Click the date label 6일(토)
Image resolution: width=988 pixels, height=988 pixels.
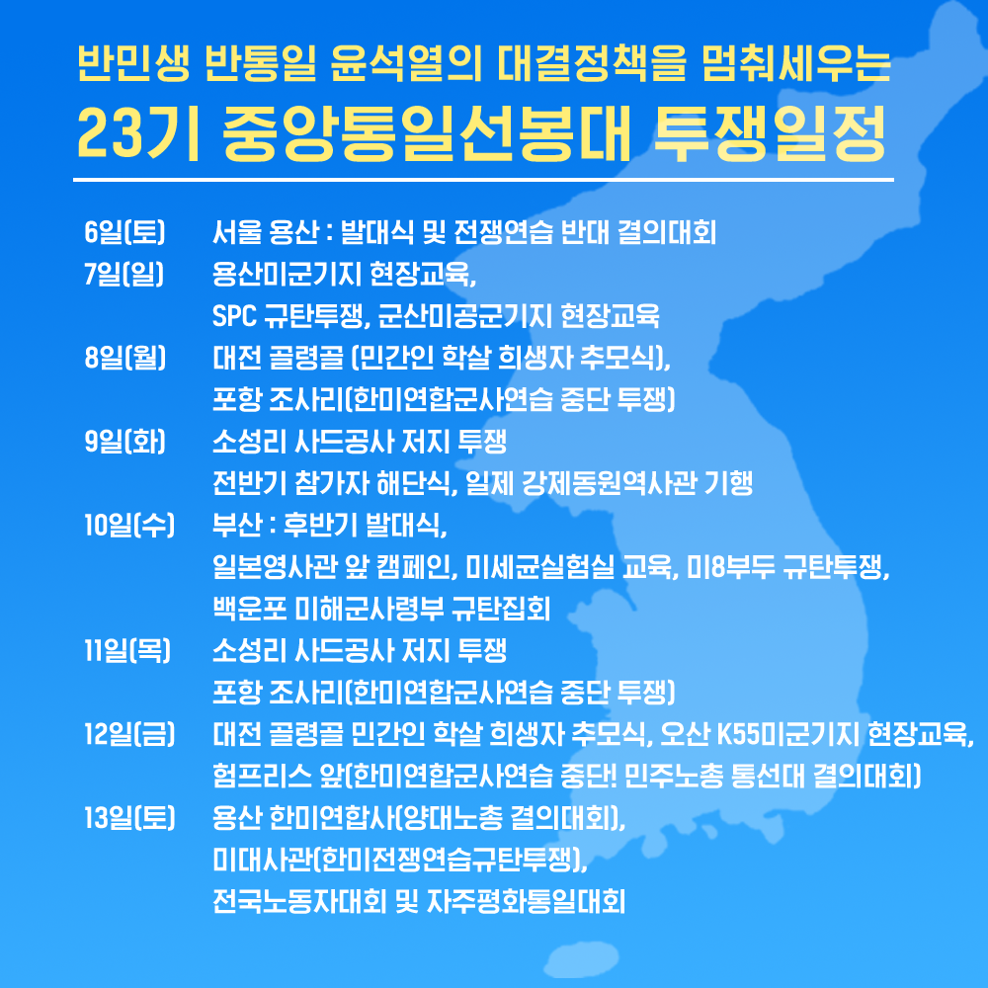click(124, 232)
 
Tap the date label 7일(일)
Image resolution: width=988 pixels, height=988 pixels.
click(124, 274)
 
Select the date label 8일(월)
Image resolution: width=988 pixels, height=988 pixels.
click(124, 358)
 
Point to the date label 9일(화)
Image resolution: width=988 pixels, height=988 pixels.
click(124, 441)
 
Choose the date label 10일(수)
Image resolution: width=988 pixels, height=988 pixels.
click(129, 525)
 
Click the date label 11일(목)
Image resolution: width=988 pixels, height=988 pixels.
click(127, 650)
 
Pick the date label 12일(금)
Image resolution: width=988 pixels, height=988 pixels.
click(129, 734)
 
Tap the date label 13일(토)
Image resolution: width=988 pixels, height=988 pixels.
click(129, 818)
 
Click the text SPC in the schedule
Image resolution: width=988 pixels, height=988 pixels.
click(234, 316)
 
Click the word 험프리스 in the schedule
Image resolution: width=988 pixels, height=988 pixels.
click(262, 776)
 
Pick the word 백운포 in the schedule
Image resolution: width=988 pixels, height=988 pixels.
click(250, 609)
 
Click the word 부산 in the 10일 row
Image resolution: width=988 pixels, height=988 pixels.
click(237, 525)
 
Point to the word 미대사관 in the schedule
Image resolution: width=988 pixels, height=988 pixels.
click(262, 860)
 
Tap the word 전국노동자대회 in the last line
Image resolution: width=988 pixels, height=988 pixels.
click(299, 902)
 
